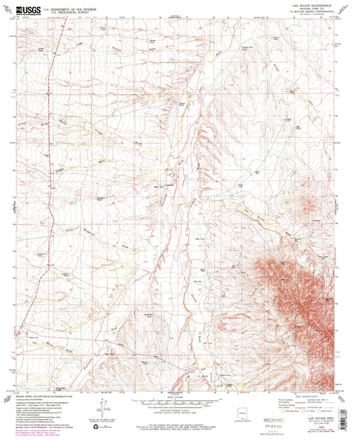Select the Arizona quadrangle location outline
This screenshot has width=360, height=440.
[236, 411]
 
